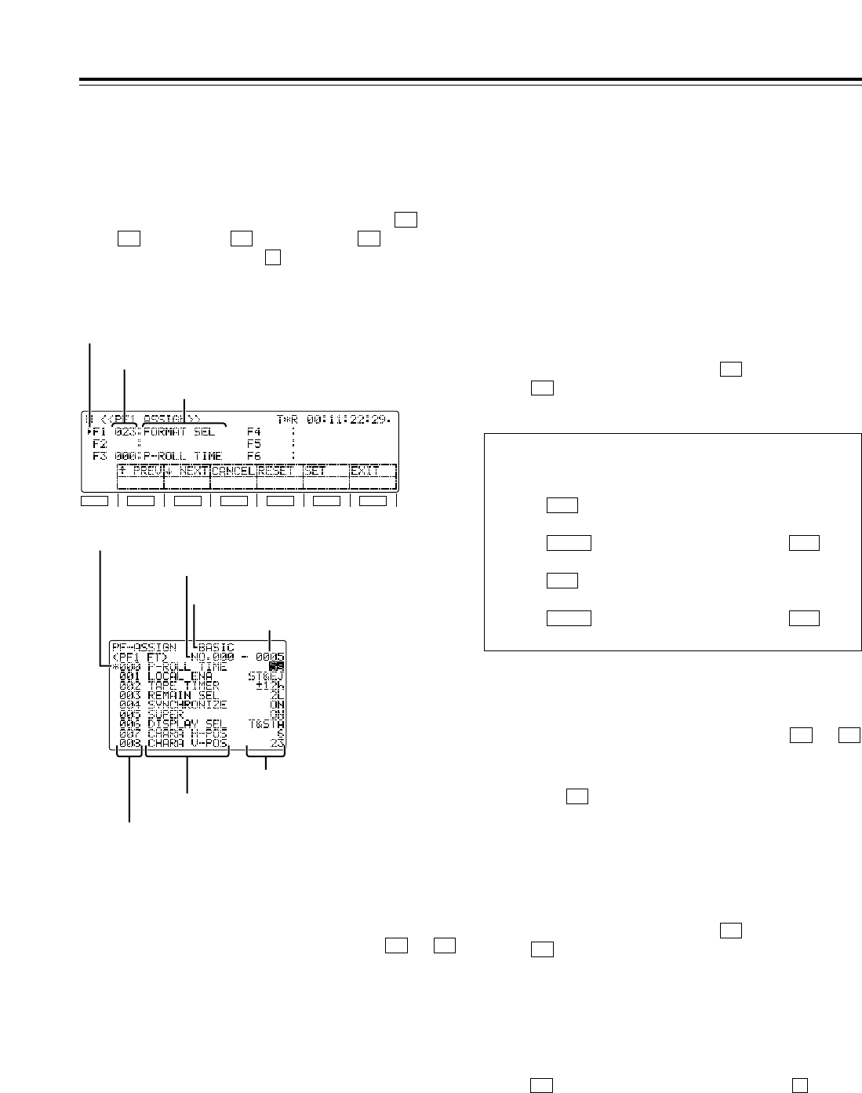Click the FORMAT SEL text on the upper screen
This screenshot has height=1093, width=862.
[180, 432]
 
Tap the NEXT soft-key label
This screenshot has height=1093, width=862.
[189, 472]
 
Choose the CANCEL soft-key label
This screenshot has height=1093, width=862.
[233, 472]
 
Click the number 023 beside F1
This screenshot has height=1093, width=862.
[125, 432]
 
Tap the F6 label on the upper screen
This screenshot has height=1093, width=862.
[254, 456]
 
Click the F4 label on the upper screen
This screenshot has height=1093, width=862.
[254, 432]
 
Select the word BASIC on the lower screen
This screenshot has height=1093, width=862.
[216, 647]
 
